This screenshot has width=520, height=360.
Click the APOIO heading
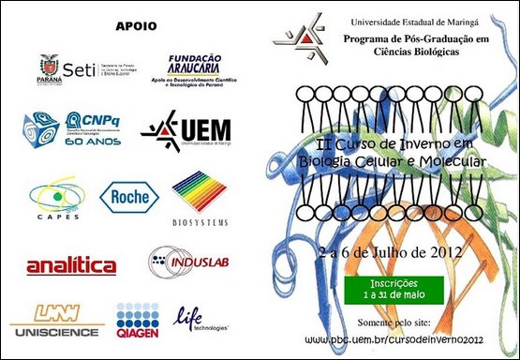click(136, 25)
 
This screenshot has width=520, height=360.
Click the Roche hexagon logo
click(129, 196)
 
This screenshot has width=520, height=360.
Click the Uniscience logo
click(55, 321)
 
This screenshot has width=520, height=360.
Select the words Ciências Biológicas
click(415, 53)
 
